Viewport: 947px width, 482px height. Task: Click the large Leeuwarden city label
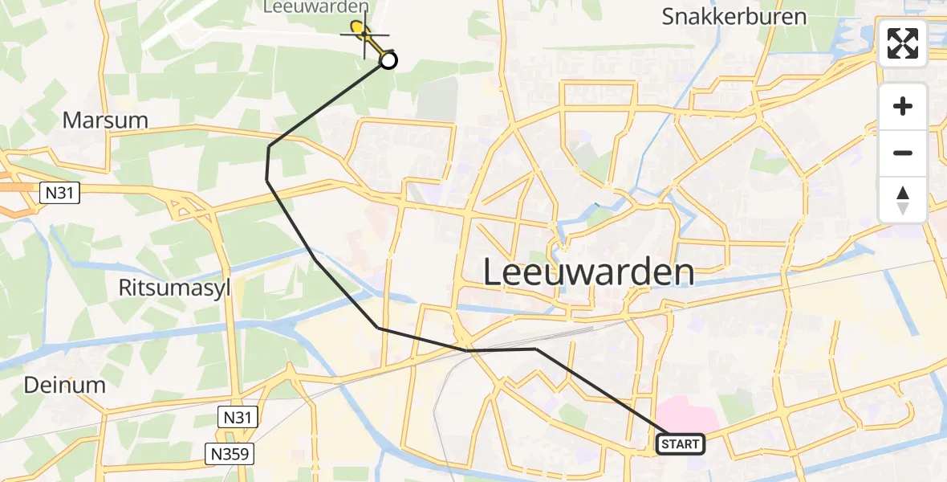tap(589, 273)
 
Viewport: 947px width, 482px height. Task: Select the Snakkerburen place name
tap(734, 17)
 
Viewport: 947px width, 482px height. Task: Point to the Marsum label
tap(105, 120)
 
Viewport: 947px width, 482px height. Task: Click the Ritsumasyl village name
tap(174, 288)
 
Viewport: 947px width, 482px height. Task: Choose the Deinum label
tap(64, 385)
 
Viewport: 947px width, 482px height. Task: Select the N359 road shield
tap(229, 454)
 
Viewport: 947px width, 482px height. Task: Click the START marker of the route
tap(681, 443)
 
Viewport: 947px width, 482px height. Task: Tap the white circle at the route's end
tap(388, 60)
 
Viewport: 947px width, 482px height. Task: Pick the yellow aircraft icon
tap(361, 34)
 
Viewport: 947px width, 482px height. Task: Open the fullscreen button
tap(903, 43)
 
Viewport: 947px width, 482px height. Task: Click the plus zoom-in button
tap(903, 107)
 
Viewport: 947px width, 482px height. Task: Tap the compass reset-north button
tap(903, 200)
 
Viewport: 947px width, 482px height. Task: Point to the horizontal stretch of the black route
tap(502, 349)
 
